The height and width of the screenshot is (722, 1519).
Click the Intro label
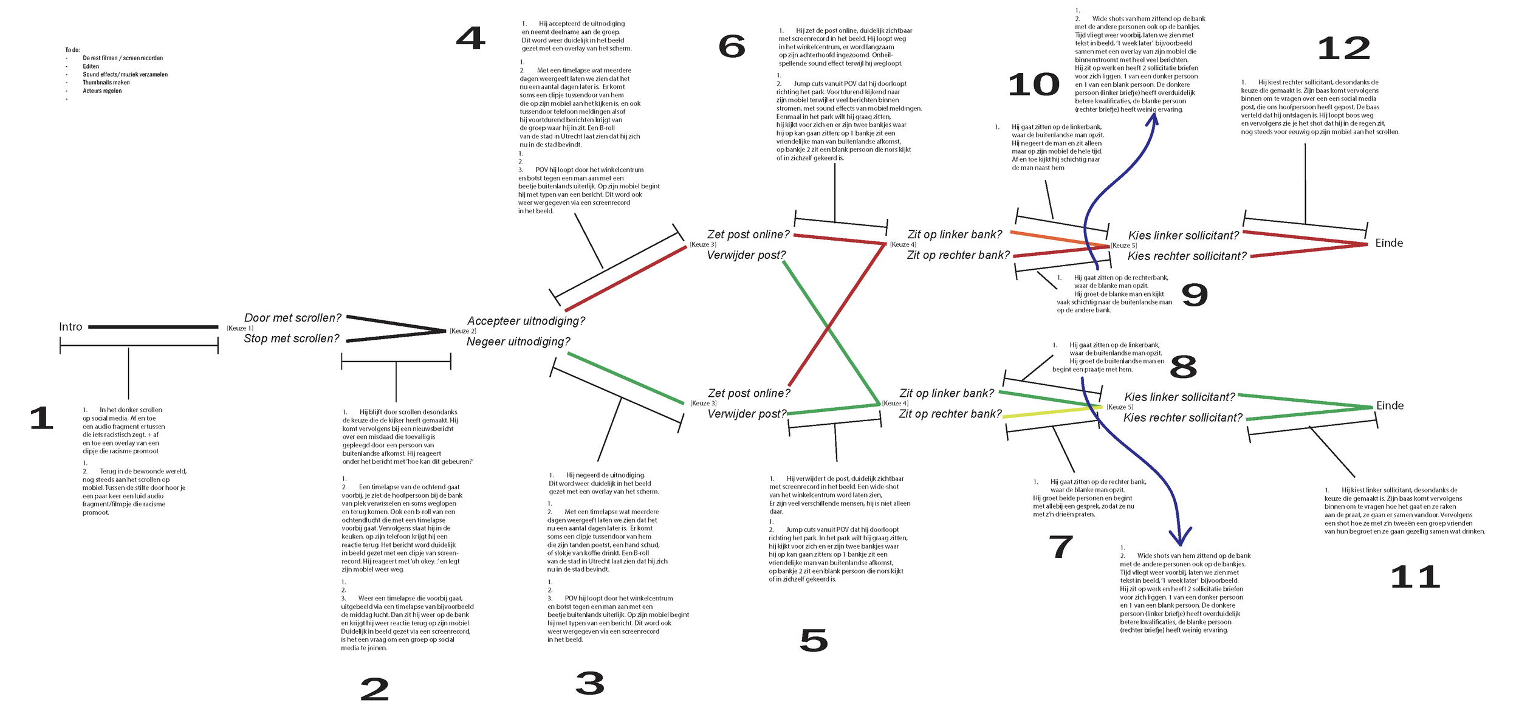(70, 327)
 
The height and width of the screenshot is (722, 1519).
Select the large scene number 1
(41, 419)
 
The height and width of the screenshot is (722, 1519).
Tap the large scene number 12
(1343, 49)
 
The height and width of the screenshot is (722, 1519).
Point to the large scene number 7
(1061, 547)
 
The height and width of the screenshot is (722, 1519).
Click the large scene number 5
(814, 641)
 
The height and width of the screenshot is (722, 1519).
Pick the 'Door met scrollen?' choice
(292, 318)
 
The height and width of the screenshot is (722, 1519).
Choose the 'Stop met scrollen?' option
(291, 339)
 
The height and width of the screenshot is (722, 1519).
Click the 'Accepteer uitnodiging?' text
(526, 321)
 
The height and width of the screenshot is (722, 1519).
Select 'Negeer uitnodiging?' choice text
(518, 342)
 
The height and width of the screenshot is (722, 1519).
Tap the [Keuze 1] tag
(239, 328)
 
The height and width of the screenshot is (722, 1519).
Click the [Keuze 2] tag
(462, 331)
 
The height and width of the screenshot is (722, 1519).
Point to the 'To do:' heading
(72, 50)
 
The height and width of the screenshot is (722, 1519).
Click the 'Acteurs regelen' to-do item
(102, 91)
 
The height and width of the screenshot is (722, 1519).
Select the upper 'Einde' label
(1389, 243)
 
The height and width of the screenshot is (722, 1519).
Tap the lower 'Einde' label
(1390, 405)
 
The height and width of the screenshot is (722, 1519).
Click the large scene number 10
(1034, 84)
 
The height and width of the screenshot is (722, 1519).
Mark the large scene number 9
(1194, 295)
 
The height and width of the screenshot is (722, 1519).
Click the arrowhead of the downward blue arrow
(1180, 538)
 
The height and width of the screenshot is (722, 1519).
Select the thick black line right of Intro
(153, 327)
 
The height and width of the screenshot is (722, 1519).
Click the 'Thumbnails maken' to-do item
(106, 83)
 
